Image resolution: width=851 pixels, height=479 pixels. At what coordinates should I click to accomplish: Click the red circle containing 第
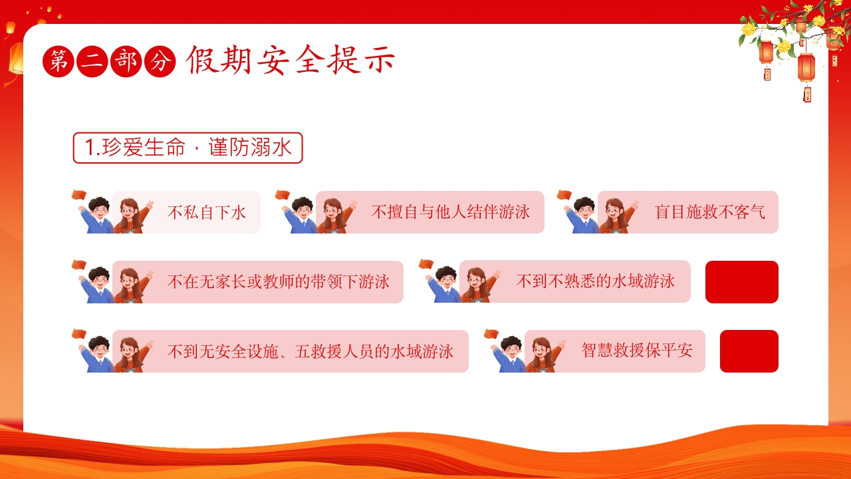coord(58,62)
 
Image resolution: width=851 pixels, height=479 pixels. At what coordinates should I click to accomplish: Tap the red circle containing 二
coord(92,62)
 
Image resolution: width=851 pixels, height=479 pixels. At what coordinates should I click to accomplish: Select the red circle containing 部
coord(126,62)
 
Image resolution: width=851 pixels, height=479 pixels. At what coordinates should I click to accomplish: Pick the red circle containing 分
coord(160,62)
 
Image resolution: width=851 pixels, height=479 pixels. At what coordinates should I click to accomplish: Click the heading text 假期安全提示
coord(291,60)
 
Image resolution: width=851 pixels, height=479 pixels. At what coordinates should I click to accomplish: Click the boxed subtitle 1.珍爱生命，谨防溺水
coord(187,148)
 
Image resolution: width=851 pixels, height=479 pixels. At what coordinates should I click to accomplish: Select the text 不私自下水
coord(207,212)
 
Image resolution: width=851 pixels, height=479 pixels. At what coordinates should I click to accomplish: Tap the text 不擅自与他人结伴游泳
coord(451,212)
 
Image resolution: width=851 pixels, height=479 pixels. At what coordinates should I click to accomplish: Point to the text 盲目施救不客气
coord(709,212)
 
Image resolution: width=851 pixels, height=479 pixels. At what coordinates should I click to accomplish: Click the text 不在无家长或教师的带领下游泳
coord(279,281)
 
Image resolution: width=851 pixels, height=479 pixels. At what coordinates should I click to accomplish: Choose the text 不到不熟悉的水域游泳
coord(595,281)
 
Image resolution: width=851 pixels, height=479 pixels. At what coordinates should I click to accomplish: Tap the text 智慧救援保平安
coord(637,351)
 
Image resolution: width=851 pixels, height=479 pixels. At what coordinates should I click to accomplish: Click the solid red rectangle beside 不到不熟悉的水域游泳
coord(741,282)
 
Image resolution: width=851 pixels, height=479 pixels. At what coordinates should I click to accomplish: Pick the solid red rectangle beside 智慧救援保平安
coord(749,351)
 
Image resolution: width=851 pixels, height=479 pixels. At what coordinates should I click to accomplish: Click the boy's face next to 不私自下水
coord(100,211)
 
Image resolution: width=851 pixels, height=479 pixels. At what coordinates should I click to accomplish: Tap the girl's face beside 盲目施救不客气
coord(613,210)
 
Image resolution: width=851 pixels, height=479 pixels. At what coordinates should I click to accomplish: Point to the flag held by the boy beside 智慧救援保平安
coord(491,333)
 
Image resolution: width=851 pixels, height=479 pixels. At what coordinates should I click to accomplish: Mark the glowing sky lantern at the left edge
coord(16,58)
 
